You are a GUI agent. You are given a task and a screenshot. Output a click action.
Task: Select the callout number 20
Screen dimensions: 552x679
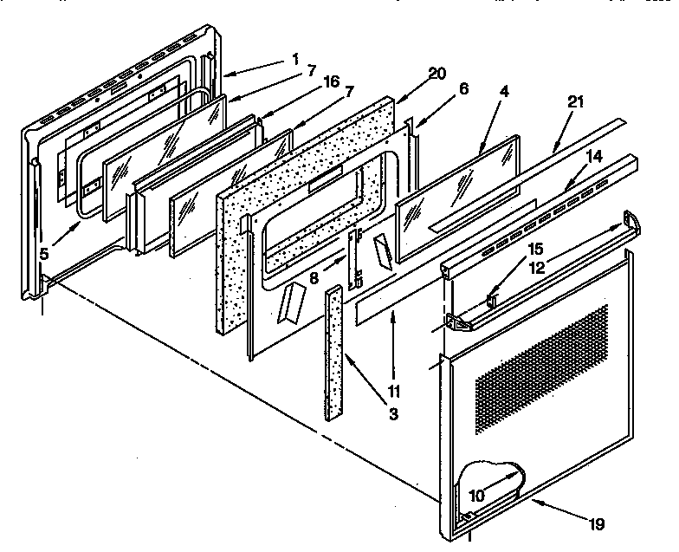[437, 74]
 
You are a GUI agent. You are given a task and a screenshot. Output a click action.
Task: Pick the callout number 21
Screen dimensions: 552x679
[574, 103]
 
